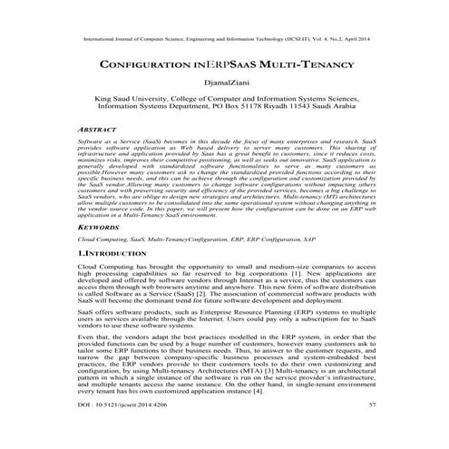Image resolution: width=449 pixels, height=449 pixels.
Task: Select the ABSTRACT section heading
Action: point(102,131)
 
